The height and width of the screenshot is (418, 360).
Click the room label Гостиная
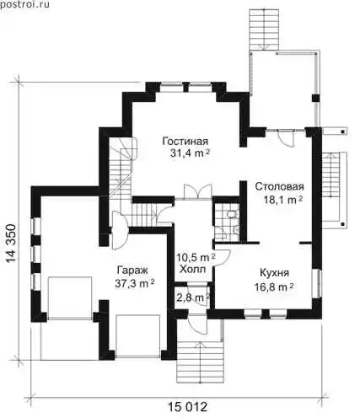pos(185,141)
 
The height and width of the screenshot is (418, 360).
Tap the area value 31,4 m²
pos(190,153)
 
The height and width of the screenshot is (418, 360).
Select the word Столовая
pos(279,186)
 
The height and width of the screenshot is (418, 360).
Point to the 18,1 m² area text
pos(282,200)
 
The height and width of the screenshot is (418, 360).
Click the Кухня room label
pos(274,273)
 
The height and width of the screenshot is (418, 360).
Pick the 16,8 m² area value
pos(274,287)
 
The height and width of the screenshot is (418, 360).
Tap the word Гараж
pos(132,271)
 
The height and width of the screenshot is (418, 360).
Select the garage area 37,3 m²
pos(135,283)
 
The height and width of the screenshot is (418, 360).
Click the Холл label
pos(192,270)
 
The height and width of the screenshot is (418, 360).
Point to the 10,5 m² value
pos(196,257)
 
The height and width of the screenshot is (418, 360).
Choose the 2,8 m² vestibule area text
pos(194,297)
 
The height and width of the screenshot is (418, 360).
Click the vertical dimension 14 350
pos(12,244)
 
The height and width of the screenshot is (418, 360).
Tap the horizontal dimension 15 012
pos(187,407)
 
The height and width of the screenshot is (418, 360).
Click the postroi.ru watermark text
pos(24,4)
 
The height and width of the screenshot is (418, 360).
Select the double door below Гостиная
pos(197,192)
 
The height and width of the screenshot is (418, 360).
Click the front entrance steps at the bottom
pos(200,362)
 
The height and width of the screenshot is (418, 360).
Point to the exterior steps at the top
pos(264,29)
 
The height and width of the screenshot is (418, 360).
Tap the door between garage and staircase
pos(120,230)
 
